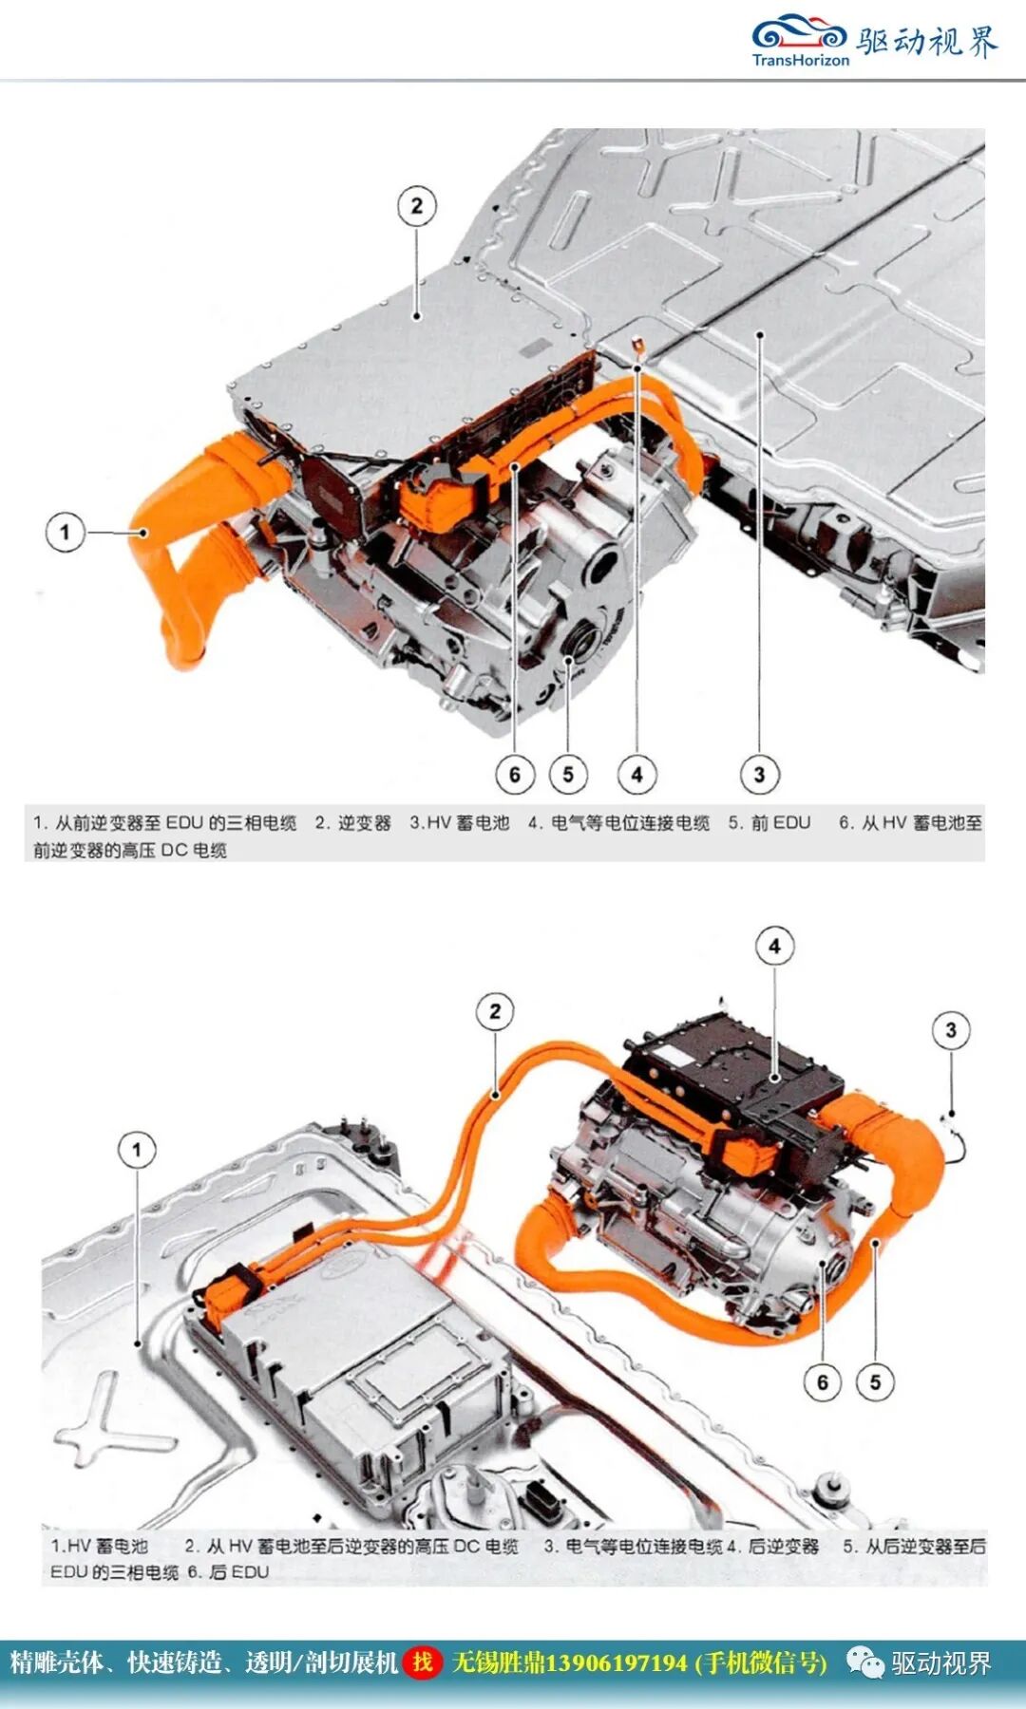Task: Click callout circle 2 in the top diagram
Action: [x=416, y=206]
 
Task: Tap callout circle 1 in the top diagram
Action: [x=65, y=532]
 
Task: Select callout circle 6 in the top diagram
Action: [x=515, y=775]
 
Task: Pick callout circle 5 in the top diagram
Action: [x=568, y=775]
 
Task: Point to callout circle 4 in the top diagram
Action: [x=636, y=775]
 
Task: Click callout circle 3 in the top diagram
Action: [x=759, y=775]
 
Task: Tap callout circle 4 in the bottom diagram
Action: [x=774, y=947]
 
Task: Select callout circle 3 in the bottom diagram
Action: [x=951, y=1030]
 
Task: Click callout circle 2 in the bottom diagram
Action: [x=495, y=1012]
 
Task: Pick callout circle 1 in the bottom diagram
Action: [x=137, y=1151]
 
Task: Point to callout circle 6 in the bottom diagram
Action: [x=823, y=1382]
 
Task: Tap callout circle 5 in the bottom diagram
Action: [x=875, y=1382]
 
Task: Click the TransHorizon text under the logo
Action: [x=800, y=60]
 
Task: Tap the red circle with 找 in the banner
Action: [x=423, y=1662]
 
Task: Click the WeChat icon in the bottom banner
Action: [x=864, y=1662]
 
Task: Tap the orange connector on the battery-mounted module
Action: [x=231, y=1293]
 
